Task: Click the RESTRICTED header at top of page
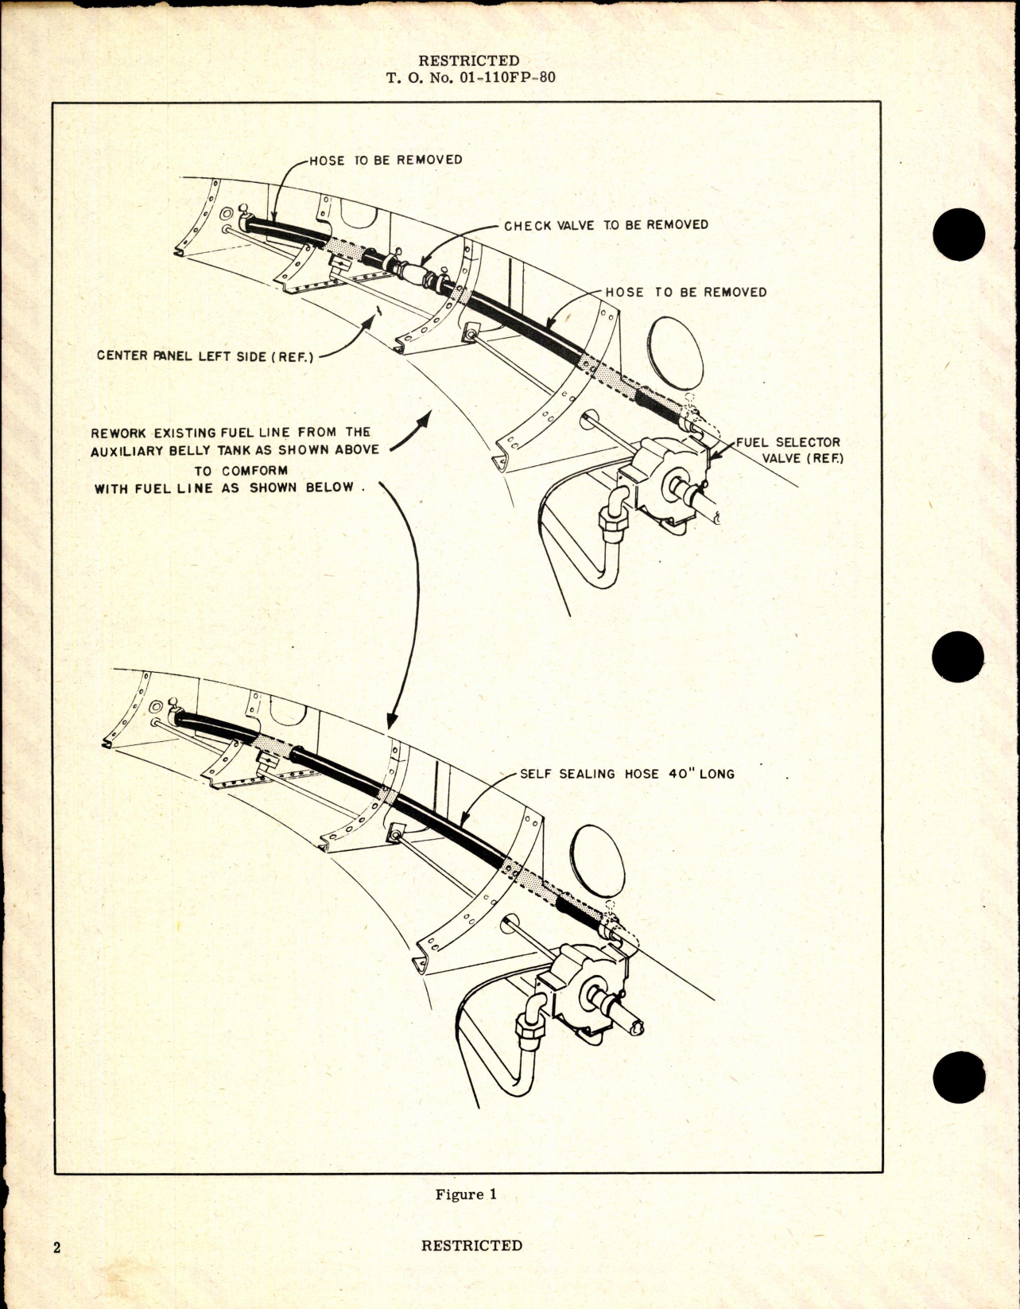(468, 60)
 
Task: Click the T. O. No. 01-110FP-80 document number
(469, 78)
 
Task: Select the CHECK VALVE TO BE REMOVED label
(606, 225)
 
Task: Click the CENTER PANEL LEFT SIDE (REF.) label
(205, 355)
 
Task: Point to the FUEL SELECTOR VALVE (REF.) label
(788, 450)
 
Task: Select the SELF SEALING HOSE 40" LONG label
(626, 773)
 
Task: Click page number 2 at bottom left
(56, 1247)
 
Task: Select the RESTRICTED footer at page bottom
(471, 1245)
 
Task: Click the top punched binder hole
(960, 234)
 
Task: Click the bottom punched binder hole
(960, 1077)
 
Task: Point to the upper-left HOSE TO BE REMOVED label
(386, 160)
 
